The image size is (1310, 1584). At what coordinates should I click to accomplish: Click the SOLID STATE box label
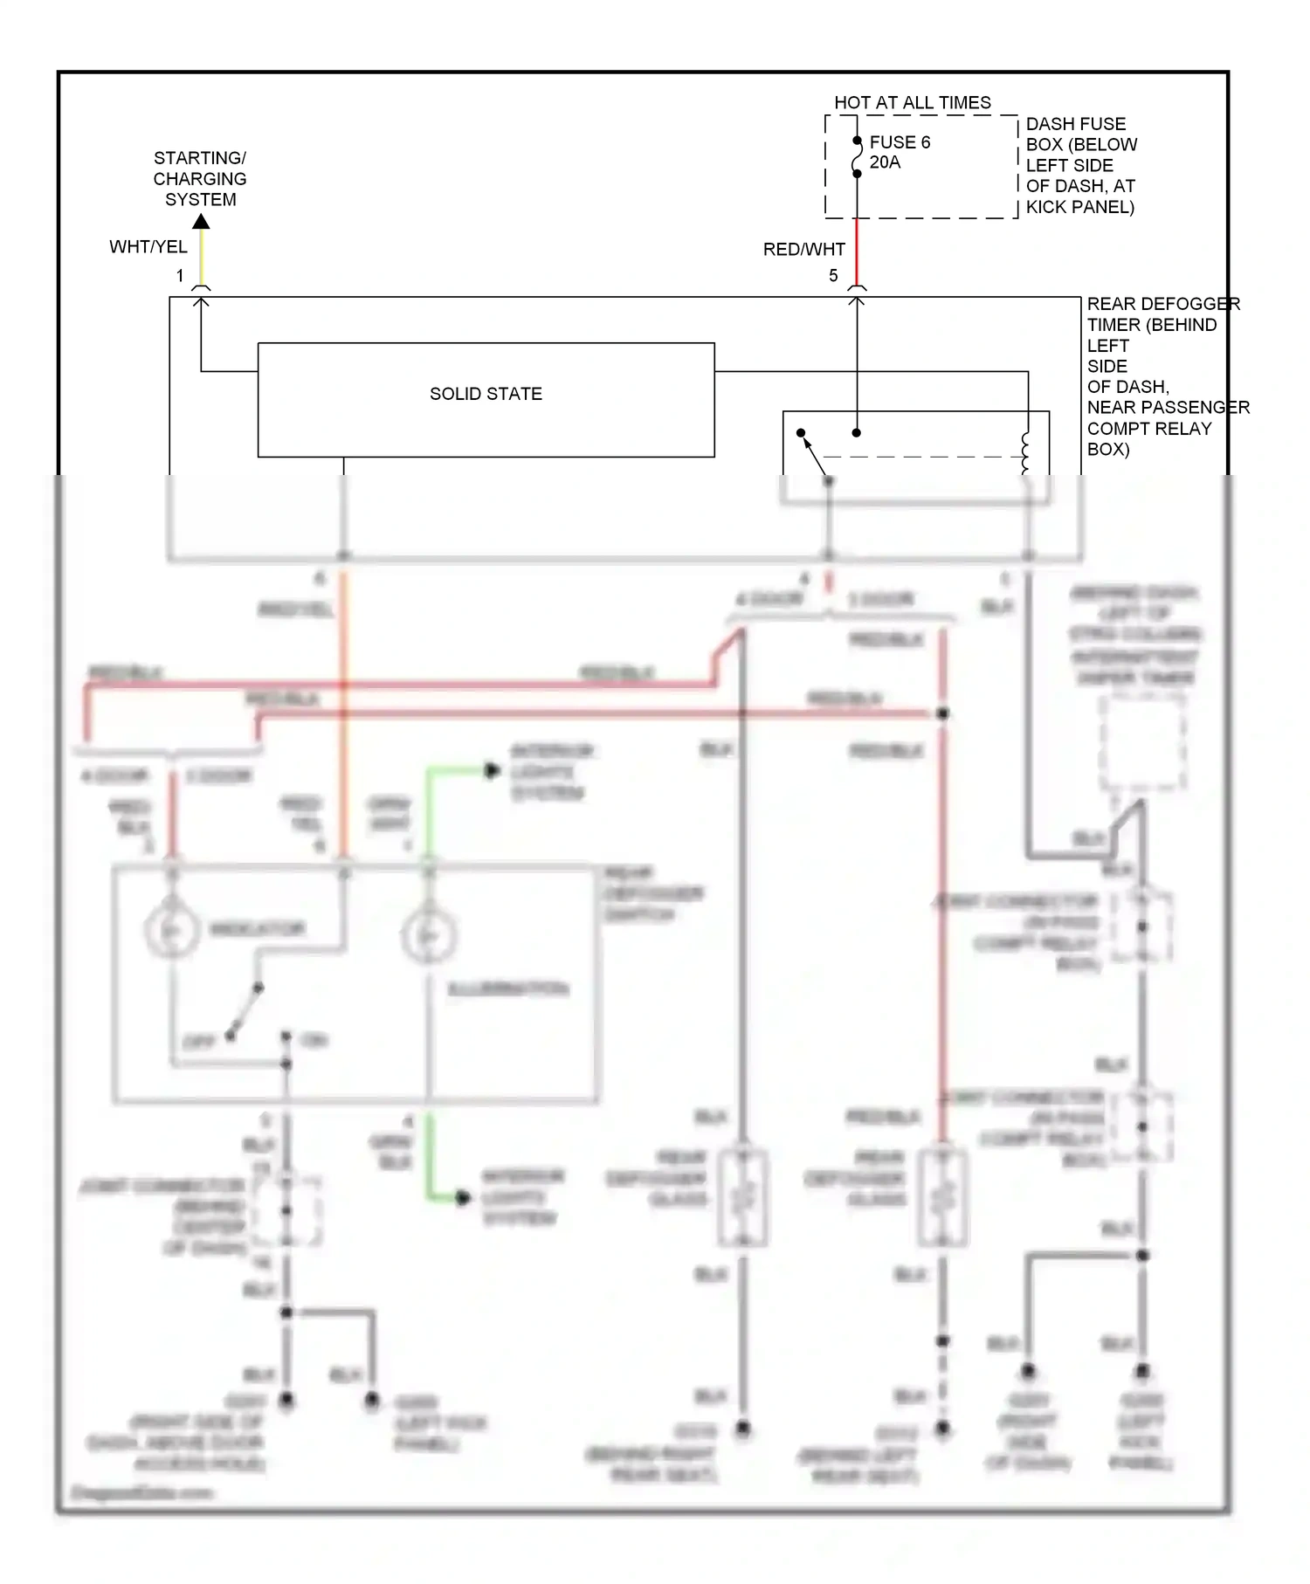pyautogui.click(x=486, y=394)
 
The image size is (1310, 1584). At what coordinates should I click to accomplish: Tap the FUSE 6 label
pyautogui.click(x=899, y=142)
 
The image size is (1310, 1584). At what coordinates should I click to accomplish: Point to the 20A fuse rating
pyautogui.click(x=884, y=162)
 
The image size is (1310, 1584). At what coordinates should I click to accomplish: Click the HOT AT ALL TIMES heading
pyautogui.click(x=912, y=102)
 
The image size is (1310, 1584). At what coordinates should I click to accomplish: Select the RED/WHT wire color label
pyautogui.click(x=803, y=250)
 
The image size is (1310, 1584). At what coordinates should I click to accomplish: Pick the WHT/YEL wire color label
pyautogui.click(x=148, y=247)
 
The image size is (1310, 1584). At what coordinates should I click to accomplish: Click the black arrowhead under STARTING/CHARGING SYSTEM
pyautogui.click(x=201, y=222)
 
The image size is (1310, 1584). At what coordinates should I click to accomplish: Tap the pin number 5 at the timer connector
pyautogui.click(x=833, y=276)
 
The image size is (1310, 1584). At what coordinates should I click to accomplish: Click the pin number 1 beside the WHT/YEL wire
pyautogui.click(x=180, y=276)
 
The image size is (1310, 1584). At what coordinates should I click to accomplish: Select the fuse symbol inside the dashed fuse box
pyautogui.click(x=857, y=157)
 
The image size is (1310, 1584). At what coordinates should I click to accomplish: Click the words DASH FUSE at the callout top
pyautogui.click(x=1075, y=124)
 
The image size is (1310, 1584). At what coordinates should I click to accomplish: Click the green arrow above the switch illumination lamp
pyautogui.click(x=491, y=771)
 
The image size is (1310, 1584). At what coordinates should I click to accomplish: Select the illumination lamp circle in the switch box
pyautogui.click(x=428, y=935)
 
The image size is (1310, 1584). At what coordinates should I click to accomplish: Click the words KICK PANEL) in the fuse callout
pyautogui.click(x=1079, y=207)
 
